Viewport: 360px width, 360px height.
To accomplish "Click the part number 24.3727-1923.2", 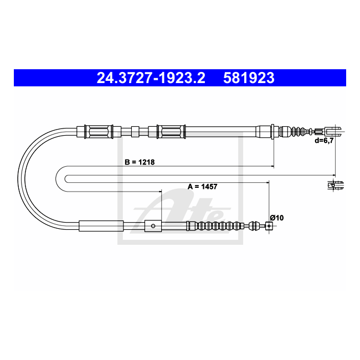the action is tap(151, 78).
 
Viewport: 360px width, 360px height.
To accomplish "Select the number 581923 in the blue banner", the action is tap(249, 78).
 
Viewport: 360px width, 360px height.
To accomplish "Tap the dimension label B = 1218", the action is tap(140, 162).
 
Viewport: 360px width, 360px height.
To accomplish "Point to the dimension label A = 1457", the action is tap(202, 187).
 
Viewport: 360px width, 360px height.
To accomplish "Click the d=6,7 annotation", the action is tap(324, 141).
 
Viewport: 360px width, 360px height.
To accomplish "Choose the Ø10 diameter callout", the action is tap(277, 218).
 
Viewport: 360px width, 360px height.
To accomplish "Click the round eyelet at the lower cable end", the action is tap(269, 226).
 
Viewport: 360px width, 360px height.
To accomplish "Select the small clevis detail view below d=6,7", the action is tap(336, 185).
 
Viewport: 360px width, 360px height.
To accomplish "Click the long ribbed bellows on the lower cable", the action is tap(215, 226).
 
